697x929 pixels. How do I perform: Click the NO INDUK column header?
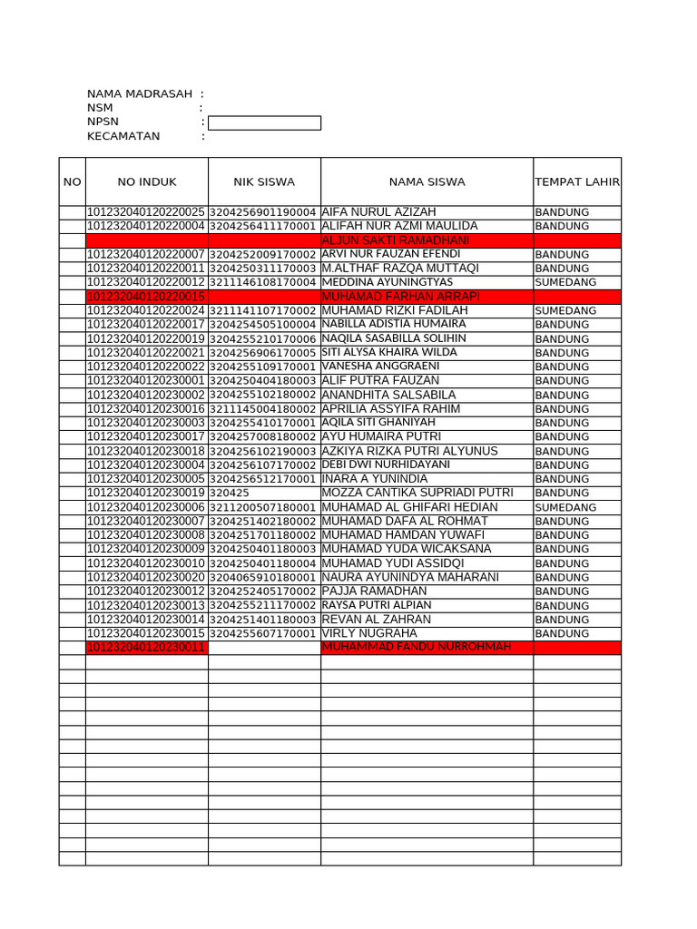tap(147, 182)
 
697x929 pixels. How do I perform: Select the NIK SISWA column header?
tap(264, 182)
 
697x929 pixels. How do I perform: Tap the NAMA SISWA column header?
tap(427, 182)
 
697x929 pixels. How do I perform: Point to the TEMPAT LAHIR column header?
tap(577, 182)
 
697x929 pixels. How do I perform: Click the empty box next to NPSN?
tap(264, 123)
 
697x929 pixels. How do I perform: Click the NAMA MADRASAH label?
tap(140, 94)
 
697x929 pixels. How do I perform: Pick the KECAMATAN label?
tap(123, 137)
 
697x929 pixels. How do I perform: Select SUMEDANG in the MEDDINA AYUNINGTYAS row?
tap(565, 283)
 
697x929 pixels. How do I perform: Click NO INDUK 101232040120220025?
tap(146, 212)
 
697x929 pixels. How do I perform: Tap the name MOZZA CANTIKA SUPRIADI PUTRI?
tap(417, 493)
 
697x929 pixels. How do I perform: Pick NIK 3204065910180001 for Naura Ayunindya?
tap(263, 577)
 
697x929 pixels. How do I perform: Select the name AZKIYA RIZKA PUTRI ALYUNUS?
tap(409, 451)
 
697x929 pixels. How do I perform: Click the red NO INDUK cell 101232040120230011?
tap(146, 648)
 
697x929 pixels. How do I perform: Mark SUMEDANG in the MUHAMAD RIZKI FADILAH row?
tap(565, 311)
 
